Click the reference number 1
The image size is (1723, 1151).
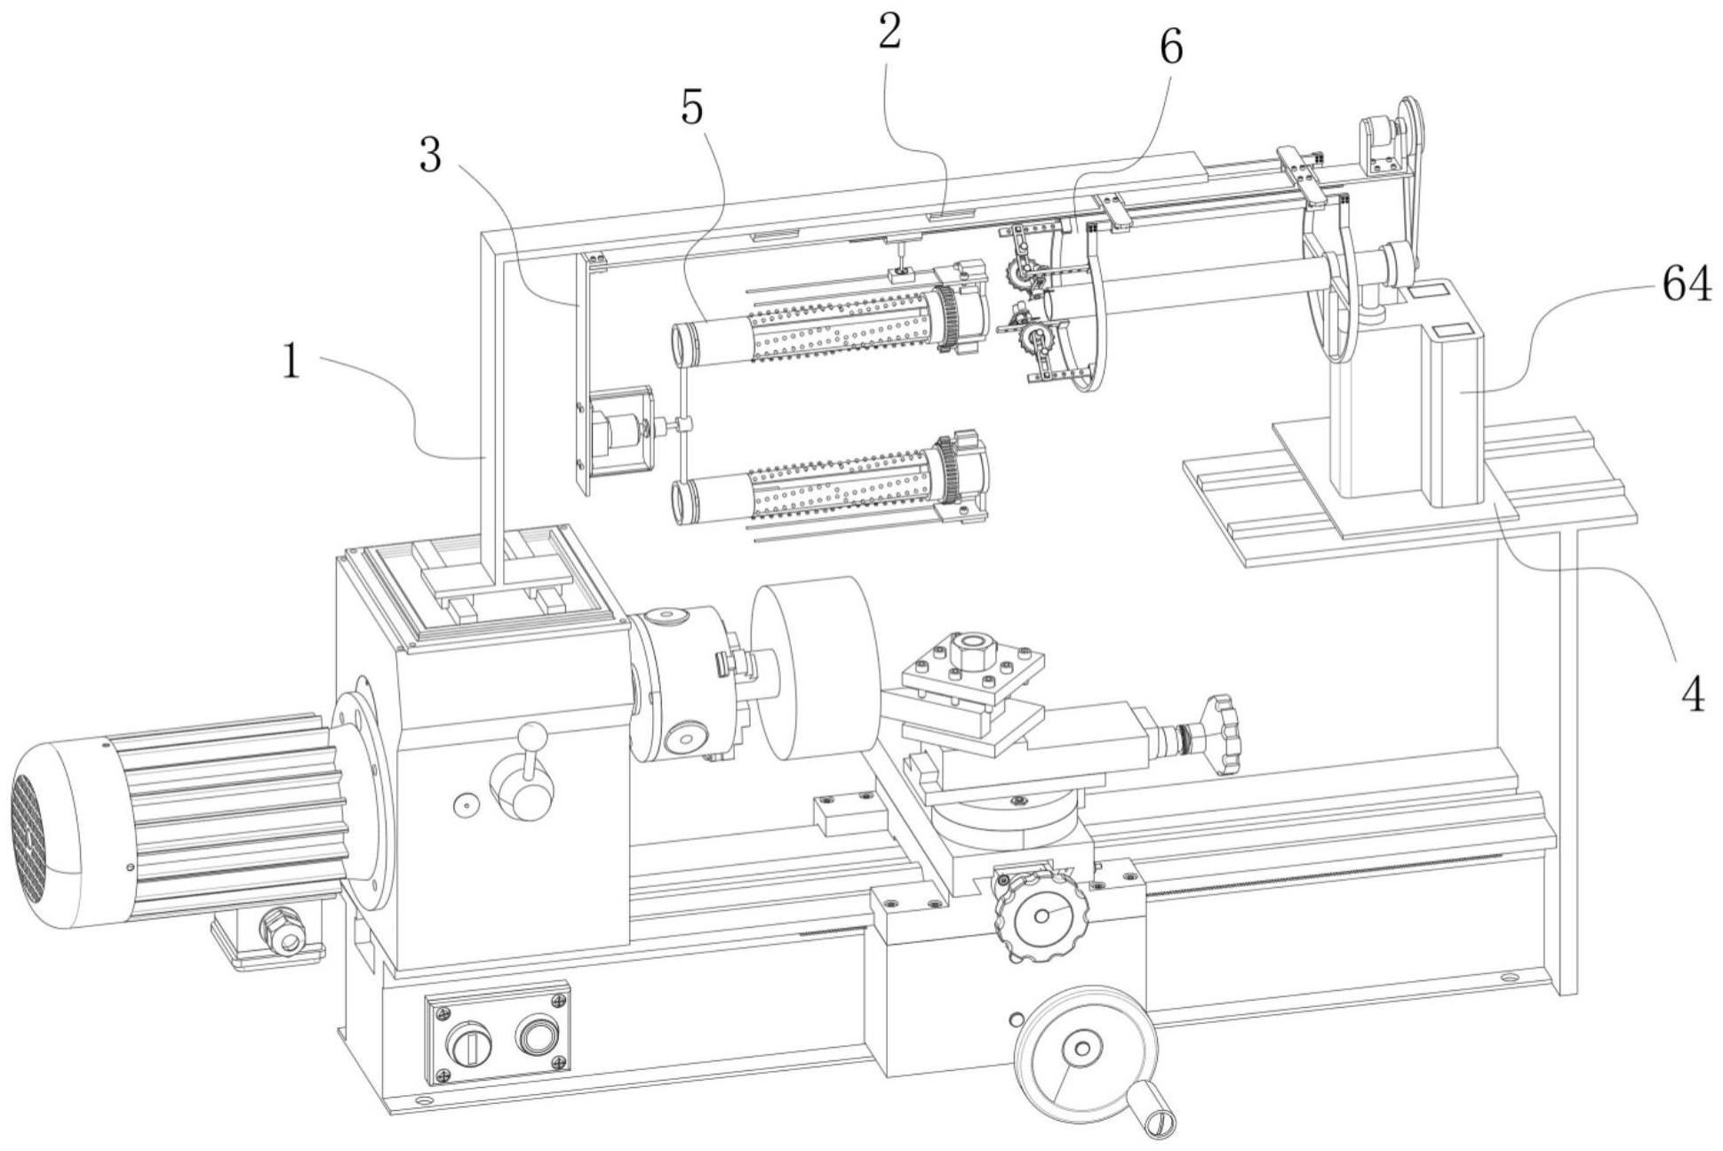[x=292, y=364]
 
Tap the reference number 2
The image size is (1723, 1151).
[x=890, y=33]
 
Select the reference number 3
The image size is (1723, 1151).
[x=431, y=156]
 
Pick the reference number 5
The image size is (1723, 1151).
[x=692, y=108]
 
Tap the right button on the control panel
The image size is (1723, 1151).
[x=537, y=1035]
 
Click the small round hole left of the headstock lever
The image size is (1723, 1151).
[x=465, y=805]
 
